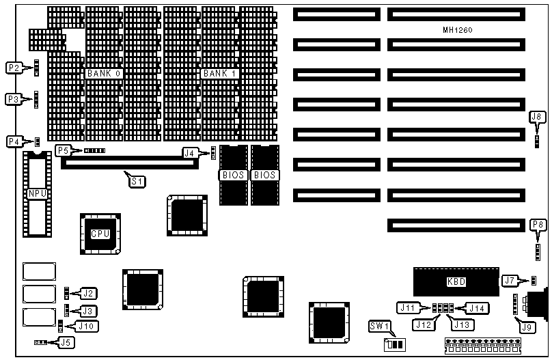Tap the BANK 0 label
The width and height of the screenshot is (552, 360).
(105, 73)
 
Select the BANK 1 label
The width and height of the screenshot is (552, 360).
(221, 73)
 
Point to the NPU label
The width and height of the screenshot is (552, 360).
(36, 194)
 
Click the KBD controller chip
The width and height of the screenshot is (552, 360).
(456, 281)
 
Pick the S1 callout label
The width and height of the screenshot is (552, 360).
(137, 181)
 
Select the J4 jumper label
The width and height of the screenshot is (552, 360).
(191, 152)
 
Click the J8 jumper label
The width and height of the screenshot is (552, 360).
(537, 117)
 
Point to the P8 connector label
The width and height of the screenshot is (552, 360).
(538, 224)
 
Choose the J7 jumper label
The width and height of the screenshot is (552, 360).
(509, 279)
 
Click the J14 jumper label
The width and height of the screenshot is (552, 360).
(478, 308)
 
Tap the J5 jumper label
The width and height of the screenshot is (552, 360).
(66, 342)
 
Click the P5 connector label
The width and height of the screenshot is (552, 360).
(64, 150)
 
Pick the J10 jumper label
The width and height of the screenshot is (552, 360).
(86, 326)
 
